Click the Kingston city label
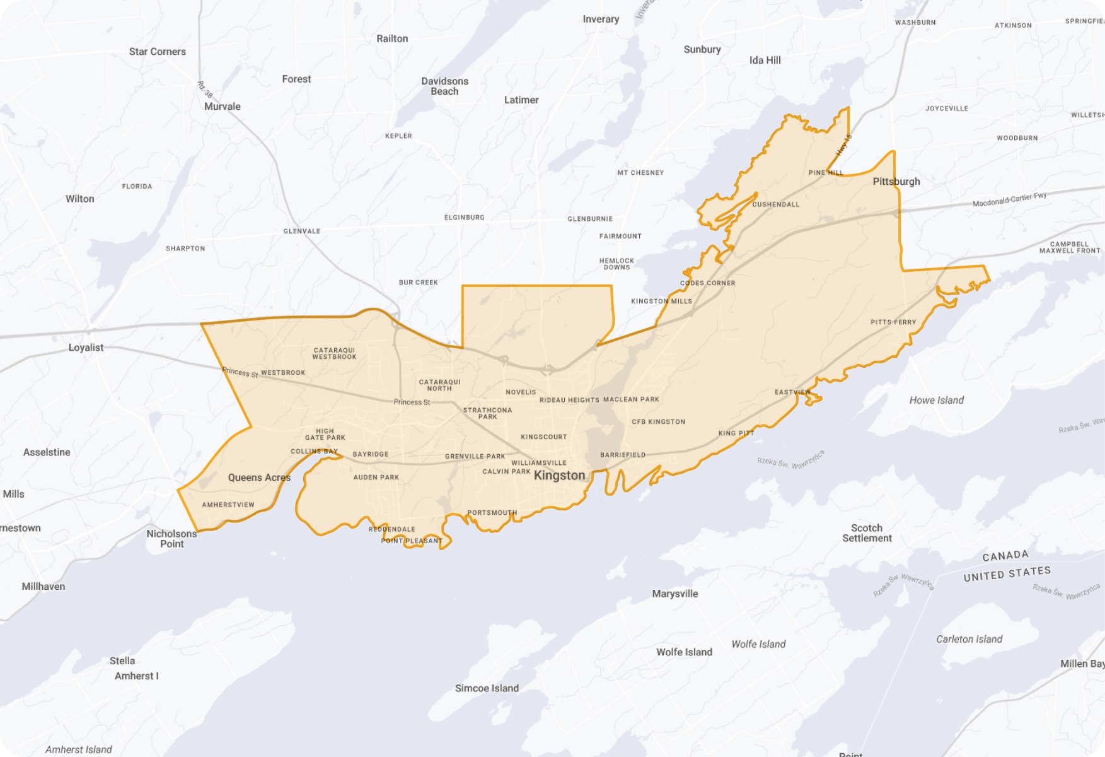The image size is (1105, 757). coord(559,476)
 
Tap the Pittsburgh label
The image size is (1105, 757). coord(896,182)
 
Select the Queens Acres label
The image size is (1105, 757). coord(259,478)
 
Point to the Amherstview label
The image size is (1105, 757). coord(228,505)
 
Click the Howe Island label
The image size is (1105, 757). coord(936,400)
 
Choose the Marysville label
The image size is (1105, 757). coord(674,594)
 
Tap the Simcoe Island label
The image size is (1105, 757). coord(487,688)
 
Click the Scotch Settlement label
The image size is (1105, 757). coord(867,533)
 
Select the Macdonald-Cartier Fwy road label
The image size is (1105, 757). coord(1009,199)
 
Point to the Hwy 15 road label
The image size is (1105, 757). coord(843,146)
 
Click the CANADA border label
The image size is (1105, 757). coord(1005,556)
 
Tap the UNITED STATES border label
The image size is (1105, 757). coord(1007,573)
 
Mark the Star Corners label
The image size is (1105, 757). coord(157,52)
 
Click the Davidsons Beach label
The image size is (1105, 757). coord(444,86)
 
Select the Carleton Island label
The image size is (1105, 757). coord(969,639)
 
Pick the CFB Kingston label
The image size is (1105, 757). coord(658,421)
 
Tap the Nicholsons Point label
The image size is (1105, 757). coord(171,539)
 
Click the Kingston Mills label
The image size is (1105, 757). coord(661,302)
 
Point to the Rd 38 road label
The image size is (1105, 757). coord(205,89)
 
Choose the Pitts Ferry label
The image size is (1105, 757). coord(893,322)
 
